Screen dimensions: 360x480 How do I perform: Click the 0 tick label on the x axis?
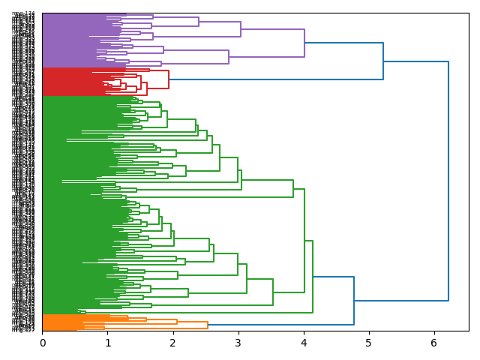42,343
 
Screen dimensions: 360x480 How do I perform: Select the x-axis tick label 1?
107,343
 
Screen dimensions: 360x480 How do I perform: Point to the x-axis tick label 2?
172,343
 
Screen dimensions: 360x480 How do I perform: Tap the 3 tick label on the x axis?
238,343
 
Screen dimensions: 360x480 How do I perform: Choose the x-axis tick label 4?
303,343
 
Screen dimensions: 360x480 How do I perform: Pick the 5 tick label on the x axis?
368,343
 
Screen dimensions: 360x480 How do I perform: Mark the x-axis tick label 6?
433,343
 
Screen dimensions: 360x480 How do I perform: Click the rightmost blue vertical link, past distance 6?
448,181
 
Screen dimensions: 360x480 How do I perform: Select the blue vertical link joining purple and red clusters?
383,61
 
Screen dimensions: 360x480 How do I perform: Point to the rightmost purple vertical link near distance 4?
304,43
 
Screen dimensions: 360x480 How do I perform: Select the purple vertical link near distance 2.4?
199,22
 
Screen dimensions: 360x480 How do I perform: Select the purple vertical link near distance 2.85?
229,57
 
